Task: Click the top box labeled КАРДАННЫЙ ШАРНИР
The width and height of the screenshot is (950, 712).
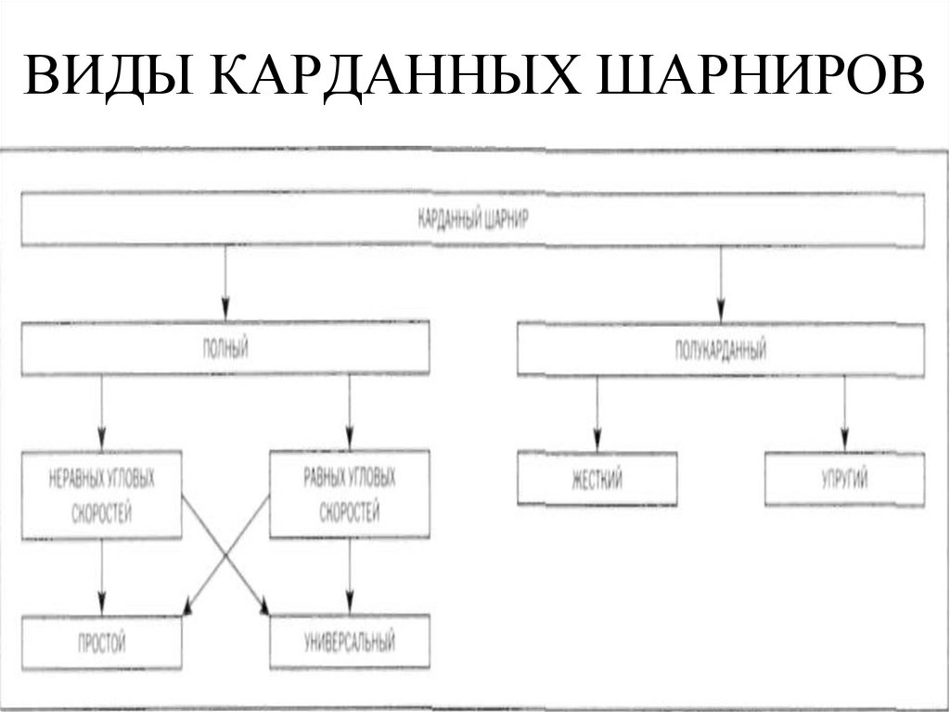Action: [472, 219]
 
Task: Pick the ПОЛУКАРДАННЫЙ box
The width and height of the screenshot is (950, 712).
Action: [720, 349]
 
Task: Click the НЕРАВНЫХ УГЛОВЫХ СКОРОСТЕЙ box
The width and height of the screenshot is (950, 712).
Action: [102, 495]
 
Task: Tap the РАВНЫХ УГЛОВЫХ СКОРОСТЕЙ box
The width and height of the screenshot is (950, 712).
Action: [349, 495]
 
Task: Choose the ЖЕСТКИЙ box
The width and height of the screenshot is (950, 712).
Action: [597, 479]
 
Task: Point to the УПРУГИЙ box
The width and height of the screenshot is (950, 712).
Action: [843, 479]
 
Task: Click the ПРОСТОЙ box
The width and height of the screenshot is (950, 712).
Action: [102, 641]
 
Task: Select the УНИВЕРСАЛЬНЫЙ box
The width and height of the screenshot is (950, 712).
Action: [349, 641]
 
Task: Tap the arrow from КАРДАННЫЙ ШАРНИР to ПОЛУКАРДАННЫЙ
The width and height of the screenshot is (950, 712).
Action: [720, 283]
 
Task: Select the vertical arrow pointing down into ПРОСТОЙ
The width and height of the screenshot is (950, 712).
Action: [102, 576]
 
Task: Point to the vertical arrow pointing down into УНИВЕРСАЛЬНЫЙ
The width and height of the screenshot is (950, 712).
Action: [349, 576]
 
